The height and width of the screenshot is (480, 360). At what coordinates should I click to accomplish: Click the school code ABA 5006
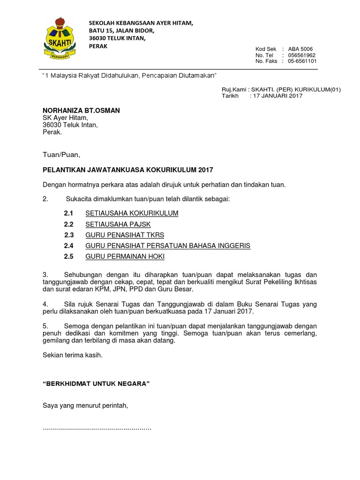(300, 49)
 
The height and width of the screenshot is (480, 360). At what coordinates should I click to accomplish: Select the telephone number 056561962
(302, 55)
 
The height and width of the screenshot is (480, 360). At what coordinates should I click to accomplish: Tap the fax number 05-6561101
(302, 61)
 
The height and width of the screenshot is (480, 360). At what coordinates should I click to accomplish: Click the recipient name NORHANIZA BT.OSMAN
(81, 111)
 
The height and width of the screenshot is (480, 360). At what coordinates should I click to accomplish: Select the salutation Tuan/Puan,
(61, 155)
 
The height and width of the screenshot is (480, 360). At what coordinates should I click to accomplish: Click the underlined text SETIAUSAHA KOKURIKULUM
(132, 213)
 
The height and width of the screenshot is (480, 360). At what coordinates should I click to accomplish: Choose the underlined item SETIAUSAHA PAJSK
(118, 225)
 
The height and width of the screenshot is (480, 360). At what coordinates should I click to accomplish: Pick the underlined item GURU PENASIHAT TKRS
(125, 235)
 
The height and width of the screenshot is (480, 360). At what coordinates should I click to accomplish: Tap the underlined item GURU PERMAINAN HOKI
(125, 256)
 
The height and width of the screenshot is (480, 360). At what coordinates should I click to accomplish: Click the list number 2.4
(69, 246)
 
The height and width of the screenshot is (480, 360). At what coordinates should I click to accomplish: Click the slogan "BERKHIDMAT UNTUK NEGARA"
(96, 384)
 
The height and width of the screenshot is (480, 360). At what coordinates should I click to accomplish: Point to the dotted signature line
(97, 428)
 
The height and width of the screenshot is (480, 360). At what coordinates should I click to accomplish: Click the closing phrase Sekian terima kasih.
(72, 355)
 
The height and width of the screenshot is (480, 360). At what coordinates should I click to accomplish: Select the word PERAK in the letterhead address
(98, 46)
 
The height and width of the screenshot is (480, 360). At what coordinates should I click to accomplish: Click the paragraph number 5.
(45, 326)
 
